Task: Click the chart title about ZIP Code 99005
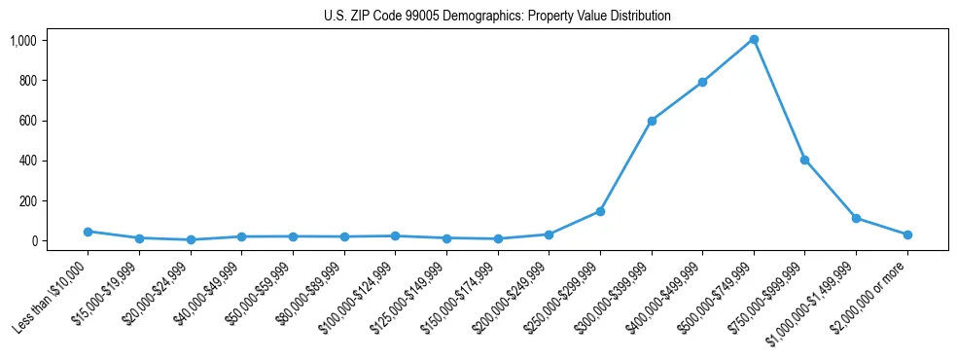tap(497, 17)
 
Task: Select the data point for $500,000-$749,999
tap(754, 40)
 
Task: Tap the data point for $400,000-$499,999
tap(702, 82)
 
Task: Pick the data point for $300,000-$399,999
tap(652, 121)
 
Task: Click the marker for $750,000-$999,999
tap(804, 160)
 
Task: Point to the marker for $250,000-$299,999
tap(600, 211)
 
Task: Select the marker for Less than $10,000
tap(88, 232)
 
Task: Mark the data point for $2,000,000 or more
tap(907, 234)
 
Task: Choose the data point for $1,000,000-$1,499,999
tap(856, 218)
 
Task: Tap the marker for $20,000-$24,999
tap(191, 239)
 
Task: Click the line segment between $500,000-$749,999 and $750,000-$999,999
tap(779, 100)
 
